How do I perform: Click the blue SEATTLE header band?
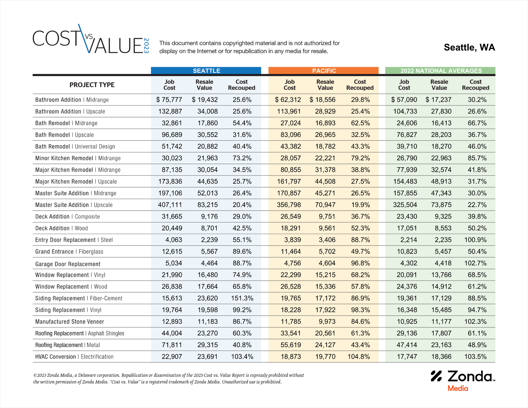click(x=206, y=71)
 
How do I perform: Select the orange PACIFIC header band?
click(x=324, y=71)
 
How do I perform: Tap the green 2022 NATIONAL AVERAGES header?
click(x=441, y=71)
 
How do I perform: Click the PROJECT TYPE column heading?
click(x=92, y=85)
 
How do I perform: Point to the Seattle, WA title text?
click(x=469, y=48)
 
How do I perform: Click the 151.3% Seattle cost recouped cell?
click(x=242, y=298)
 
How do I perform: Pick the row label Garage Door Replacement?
click(x=68, y=264)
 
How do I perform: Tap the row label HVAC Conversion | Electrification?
click(x=74, y=357)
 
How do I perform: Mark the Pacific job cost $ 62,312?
click(x=288, y=100)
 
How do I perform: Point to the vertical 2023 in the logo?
click(x=146, y=46)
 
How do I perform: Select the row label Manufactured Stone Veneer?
click(x=70, y=322)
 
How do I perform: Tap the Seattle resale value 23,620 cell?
click(x=207, y=298)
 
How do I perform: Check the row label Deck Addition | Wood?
click(x=61, y=228)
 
